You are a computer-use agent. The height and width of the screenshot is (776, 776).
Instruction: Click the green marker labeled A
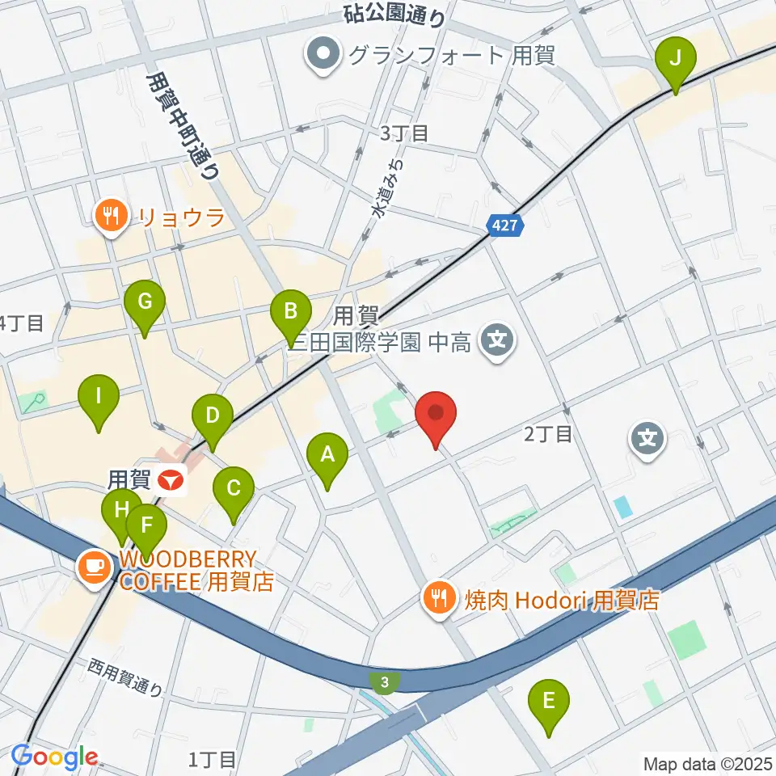coord(327,456)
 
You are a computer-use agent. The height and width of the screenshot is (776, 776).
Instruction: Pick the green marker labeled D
coord(213,417)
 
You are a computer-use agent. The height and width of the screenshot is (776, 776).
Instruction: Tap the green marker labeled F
coord(146,525)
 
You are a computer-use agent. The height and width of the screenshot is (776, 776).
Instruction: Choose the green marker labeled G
coord(145,303)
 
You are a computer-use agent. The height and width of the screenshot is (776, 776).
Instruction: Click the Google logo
coord(54,757)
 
